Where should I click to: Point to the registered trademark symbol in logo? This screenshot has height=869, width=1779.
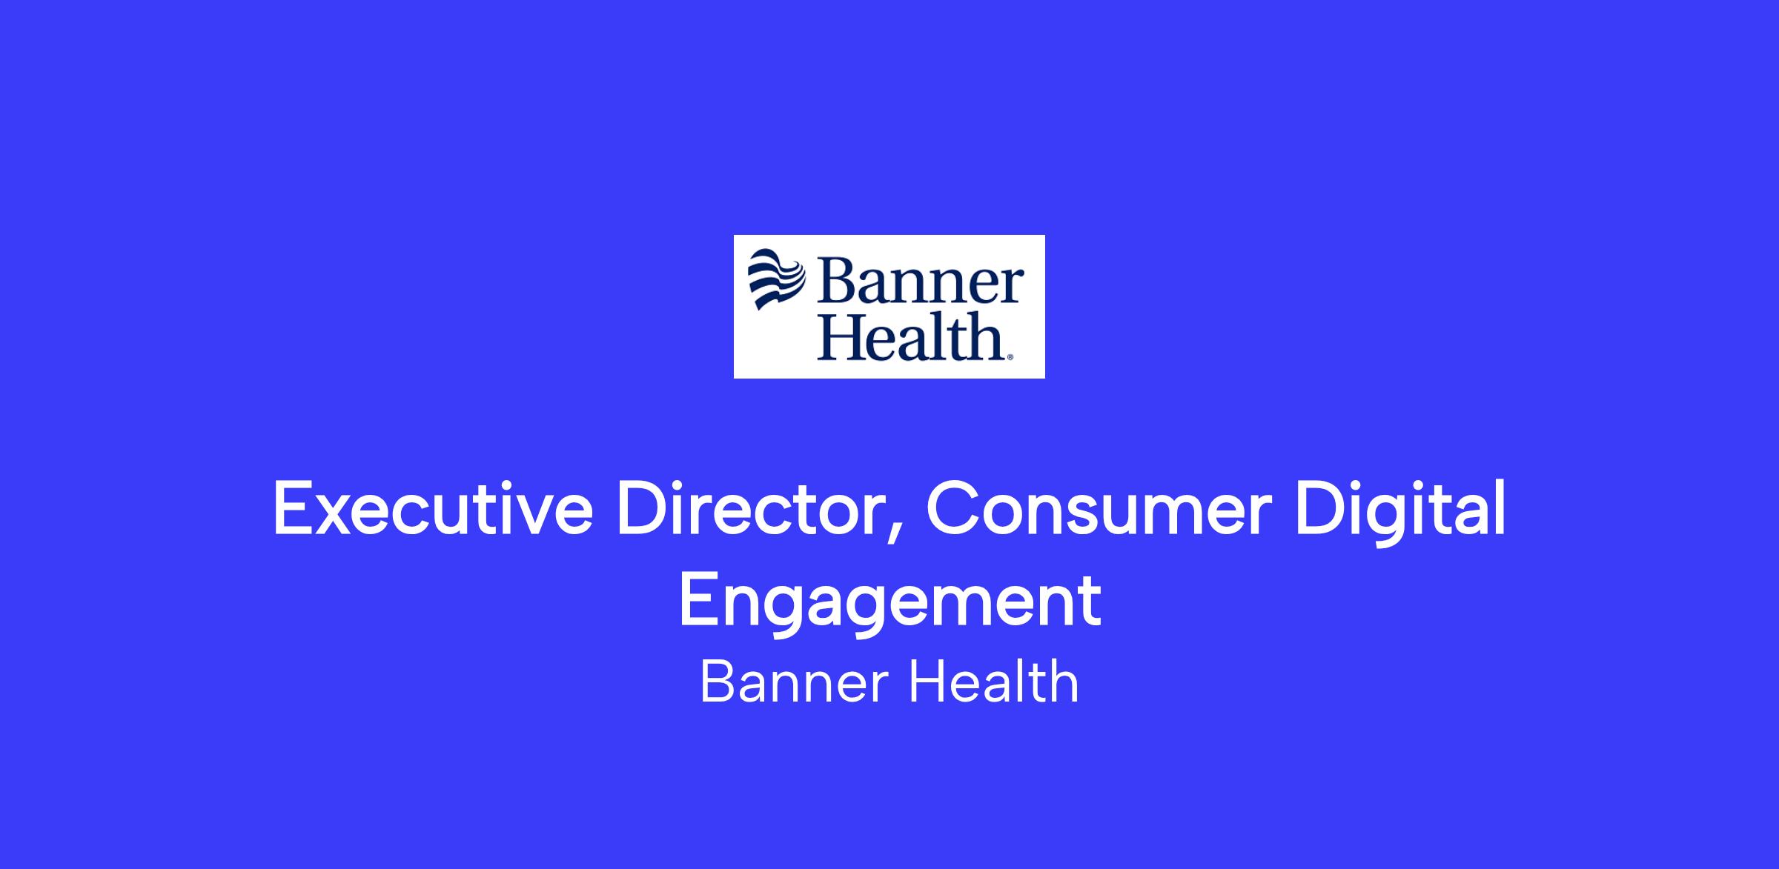tap(1009, 358)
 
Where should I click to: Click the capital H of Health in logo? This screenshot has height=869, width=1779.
tap(850, 338)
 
